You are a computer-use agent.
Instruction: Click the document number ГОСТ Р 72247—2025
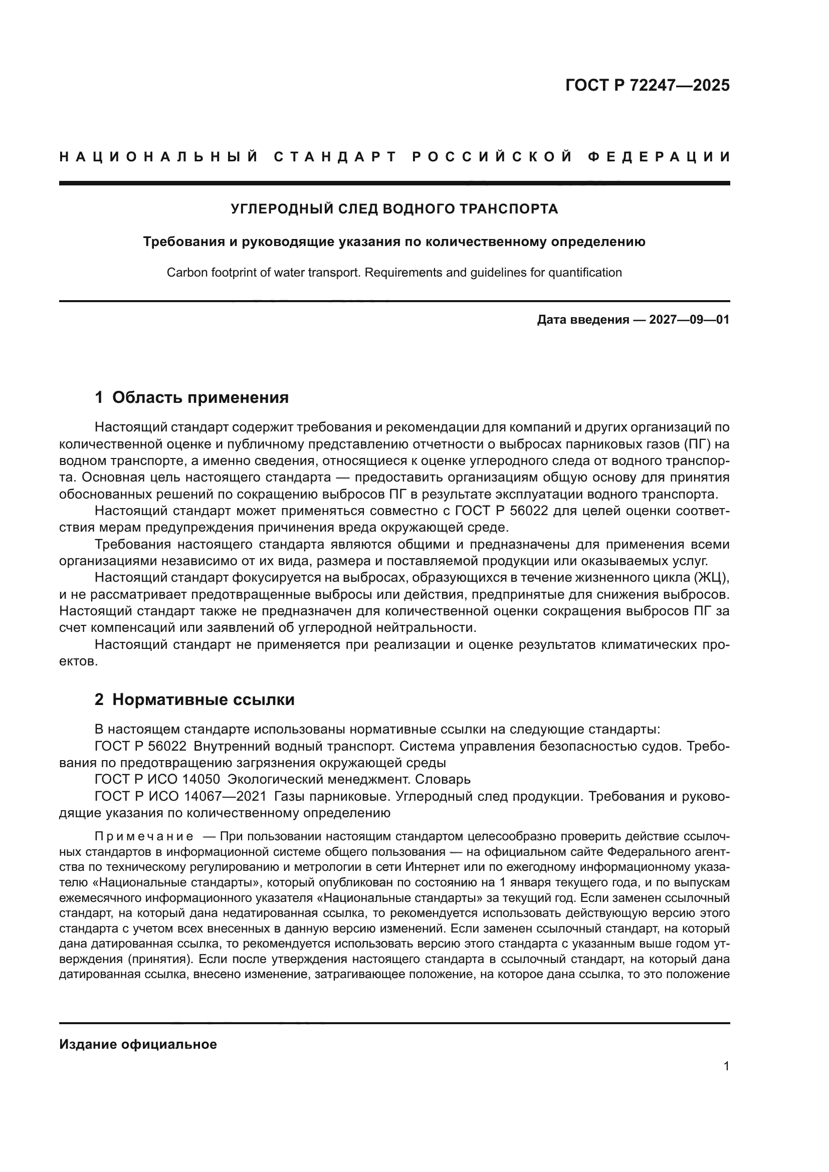(x=647, y=85)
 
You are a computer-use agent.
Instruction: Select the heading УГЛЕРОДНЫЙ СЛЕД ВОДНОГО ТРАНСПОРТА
(x=394, y=209)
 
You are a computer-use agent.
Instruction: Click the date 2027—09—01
(x=689, y=320)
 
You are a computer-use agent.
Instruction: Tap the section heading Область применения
(x=200, y=397)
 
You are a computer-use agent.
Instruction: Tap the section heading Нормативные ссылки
(x=203, y=699)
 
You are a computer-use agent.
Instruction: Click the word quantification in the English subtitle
(x=585, y=273)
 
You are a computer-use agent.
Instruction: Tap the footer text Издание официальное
(x=138, y=1044)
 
